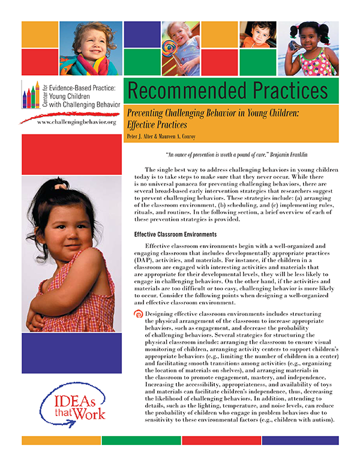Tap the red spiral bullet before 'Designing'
pos(140,313)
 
